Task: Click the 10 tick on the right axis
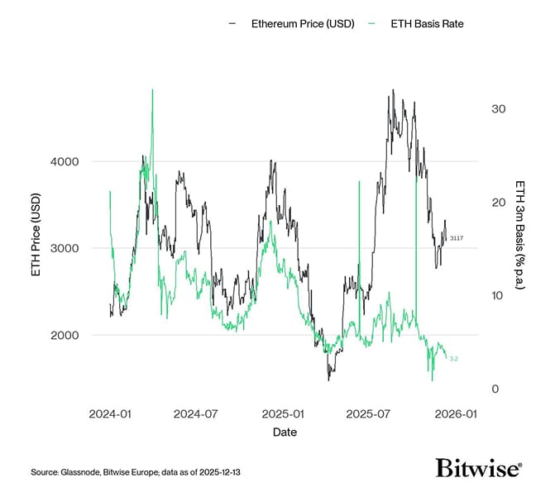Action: [498, 295]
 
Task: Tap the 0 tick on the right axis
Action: [495, 389]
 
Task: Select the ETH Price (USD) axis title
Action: [36, 248]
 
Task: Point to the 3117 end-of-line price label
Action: [457, 238]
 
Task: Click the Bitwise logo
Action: [479, 468]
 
